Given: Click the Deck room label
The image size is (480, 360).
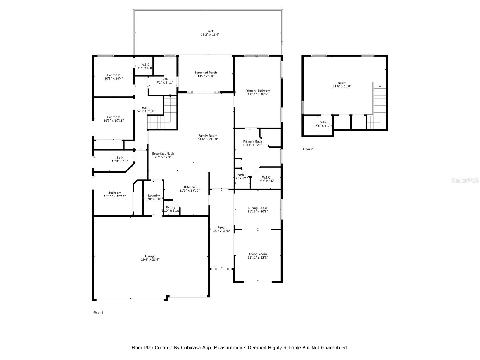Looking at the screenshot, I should (210, 31).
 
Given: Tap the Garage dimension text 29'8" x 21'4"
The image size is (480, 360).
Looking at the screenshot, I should (150, 260).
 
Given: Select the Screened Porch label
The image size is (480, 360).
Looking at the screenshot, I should (205, 73).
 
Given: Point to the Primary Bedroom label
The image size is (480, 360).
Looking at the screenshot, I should (258, 91).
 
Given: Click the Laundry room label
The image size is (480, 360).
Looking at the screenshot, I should (154, 196).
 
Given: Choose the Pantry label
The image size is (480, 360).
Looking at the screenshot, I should (171, 207).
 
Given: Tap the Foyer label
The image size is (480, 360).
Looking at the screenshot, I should (221, 228).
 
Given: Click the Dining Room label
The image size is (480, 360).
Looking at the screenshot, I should (257, 208).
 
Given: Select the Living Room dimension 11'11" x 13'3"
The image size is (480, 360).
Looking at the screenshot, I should (258, 258).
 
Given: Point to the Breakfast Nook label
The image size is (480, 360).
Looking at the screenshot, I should (163, 154).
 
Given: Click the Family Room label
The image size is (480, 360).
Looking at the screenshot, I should (208, 136).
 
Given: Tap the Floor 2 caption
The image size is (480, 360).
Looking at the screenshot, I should (308, 149).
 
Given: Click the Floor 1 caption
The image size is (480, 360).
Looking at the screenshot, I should (98, 313).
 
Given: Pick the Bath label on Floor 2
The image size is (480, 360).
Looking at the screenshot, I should (322, 122).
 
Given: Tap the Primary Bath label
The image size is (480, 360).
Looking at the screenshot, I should (252, 141).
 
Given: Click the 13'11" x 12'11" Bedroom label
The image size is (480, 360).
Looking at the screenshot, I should (115, 193).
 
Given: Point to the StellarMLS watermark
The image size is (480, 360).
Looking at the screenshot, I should (465, 180).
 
